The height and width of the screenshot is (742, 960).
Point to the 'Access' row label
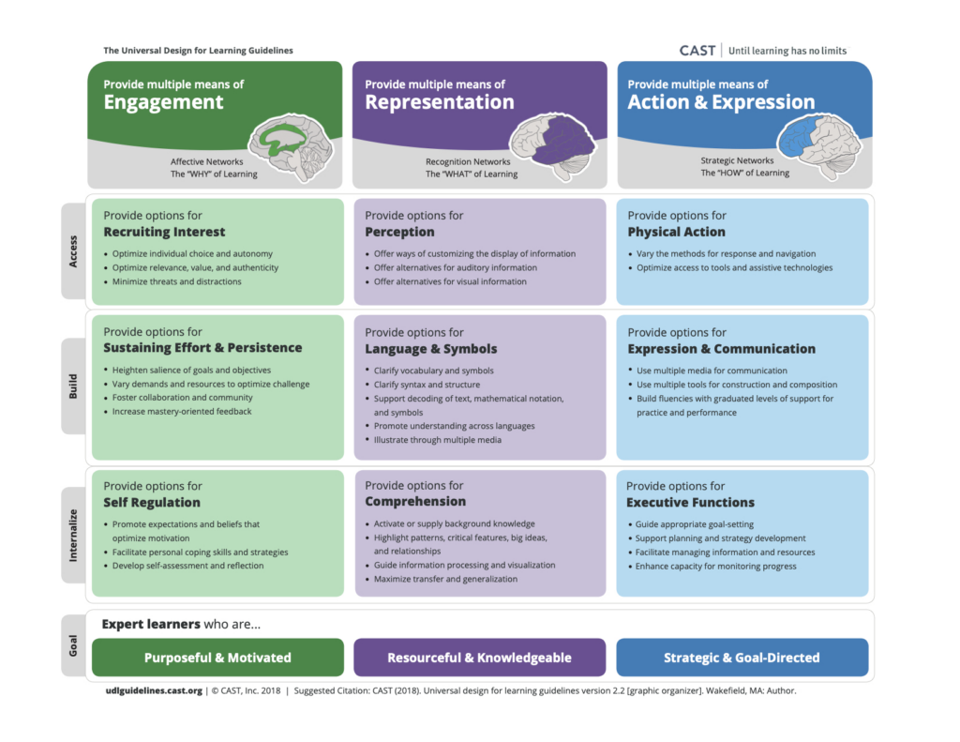coord(74,250)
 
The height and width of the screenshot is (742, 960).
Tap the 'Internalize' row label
coord(74,534)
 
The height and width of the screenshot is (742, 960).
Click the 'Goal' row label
coord(74,646)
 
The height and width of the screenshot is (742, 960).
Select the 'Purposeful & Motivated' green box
coord(217,658)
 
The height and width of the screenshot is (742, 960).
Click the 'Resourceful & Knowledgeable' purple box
coord(479,658)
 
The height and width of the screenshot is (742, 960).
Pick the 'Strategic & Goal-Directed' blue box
coord(742,658)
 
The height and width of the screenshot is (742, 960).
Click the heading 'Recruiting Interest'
coord(164,232)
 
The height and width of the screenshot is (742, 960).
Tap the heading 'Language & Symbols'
coord(430,349)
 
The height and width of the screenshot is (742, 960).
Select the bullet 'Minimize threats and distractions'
coord(176,281)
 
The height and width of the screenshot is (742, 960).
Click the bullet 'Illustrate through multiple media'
coord(437,440)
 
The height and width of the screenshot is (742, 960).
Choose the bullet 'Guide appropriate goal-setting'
coord(695,524)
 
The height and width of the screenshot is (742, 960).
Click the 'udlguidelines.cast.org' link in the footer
coord(154,691)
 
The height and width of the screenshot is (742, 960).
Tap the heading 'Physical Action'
coord(676,232)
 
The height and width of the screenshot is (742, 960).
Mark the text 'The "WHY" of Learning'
coord(214,174)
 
